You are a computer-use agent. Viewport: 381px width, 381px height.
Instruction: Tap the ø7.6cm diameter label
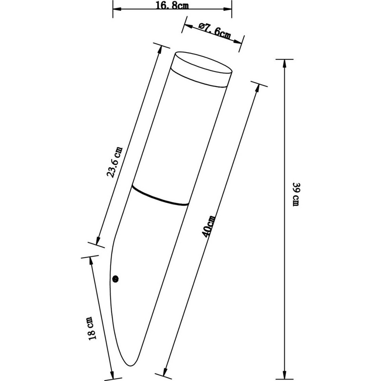[x=215, y=31]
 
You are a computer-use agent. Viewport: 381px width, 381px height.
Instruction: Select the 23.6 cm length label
[x=115, y=162]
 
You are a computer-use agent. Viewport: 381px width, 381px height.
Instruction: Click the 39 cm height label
[x=296, y=194]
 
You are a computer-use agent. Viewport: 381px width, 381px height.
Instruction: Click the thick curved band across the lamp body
[x=160, y=196]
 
